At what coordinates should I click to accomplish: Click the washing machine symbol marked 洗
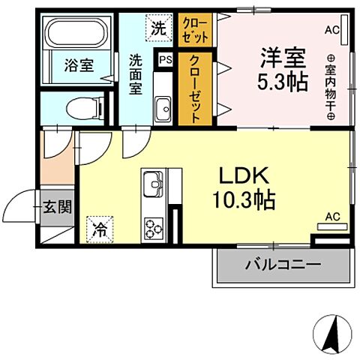click(x=158, y=28)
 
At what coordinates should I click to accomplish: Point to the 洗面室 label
click(x=135, y=73)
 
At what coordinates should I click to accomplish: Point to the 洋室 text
click(x=283, y=57)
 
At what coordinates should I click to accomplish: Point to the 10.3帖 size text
click(x=245, y=199)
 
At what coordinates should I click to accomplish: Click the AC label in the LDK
click(x=332, y=217)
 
